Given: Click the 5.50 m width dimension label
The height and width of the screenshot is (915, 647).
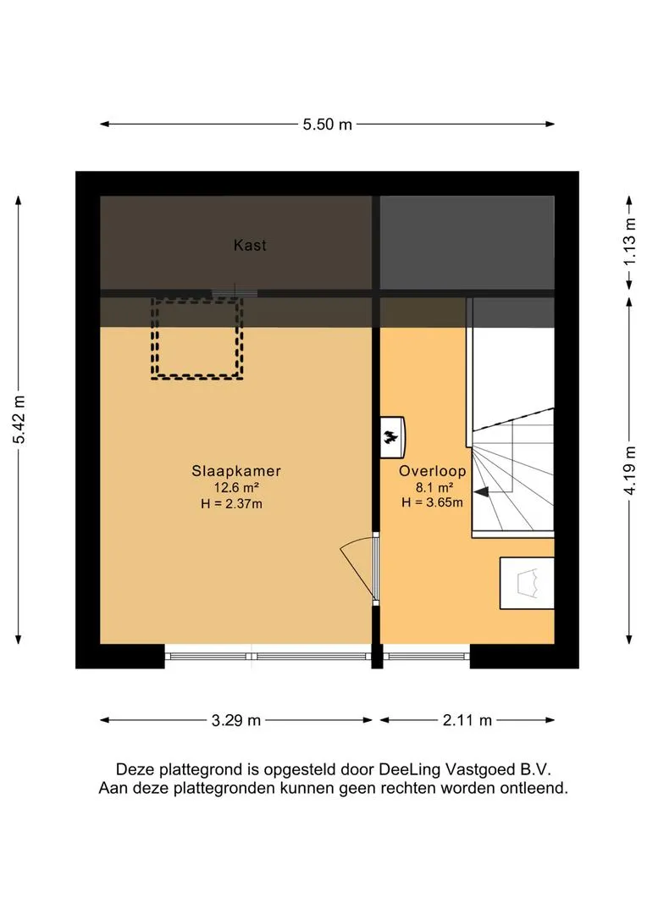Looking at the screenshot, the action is [x=327, y=125].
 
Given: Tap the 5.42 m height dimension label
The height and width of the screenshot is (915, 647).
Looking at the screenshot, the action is [x=19, y=419].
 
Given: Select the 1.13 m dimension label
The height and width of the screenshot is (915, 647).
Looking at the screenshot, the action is [x=629, y=241].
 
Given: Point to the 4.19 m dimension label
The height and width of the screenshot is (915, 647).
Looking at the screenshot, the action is [x=629, y=470].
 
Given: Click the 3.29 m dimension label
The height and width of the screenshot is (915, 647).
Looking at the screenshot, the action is [x=235, y=721].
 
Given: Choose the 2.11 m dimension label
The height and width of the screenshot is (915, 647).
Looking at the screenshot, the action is [x=467, y=721].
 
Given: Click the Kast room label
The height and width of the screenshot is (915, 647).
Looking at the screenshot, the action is [x=250, y=245].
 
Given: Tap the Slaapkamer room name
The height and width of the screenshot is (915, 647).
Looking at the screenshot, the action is [x=236, y=470].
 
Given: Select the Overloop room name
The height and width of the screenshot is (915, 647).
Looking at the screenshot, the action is [x=432, y=471].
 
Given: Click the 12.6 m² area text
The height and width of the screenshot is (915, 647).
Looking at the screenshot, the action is [x=236, y=487].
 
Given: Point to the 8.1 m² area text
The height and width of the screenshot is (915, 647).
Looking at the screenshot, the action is [x=434, y=487].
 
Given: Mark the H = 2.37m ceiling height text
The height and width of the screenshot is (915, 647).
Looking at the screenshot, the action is [x=231, y=503].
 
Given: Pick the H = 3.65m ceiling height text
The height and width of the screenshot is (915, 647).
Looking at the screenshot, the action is [x=432, y=502].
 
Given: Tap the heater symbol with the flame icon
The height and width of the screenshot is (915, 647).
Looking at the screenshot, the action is [x=392, y=436].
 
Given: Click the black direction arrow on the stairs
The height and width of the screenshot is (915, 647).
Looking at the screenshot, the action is [x=481, y=492].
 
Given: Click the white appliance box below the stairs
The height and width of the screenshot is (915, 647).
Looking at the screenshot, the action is [x=527, y=583].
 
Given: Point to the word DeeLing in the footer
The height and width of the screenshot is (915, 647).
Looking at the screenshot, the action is [x=410, y=769].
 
